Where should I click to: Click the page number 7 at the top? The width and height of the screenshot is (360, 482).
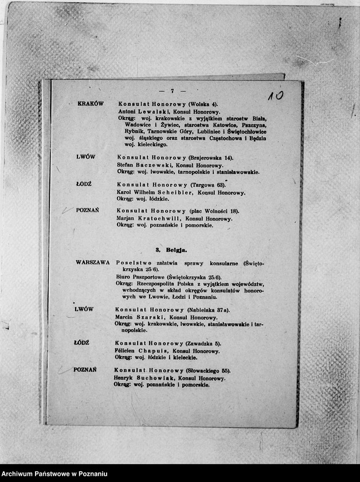tap(171, 91)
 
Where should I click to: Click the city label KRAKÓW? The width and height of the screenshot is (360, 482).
tap(90, 104)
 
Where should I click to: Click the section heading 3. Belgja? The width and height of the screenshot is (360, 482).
tap(171, 250)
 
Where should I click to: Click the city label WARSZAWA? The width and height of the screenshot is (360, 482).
tap(92, 262)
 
